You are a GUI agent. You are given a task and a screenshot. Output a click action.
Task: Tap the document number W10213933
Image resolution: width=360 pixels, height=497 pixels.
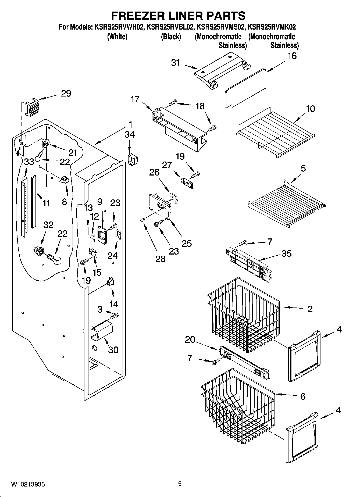(28, 484)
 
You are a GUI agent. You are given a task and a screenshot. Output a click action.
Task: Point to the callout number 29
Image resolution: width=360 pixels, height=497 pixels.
(66, 93)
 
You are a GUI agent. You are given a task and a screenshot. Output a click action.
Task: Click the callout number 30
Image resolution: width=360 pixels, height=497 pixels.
(113, 350)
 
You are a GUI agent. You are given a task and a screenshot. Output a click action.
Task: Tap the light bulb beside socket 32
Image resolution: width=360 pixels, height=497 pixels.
(55, 260)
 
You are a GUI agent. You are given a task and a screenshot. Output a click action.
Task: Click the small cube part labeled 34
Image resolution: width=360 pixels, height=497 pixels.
(133, 160)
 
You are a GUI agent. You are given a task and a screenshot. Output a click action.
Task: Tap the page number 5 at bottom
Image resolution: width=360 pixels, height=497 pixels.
(180, 484)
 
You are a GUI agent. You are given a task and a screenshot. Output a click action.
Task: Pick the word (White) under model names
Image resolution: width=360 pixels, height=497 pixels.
(117, 36)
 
